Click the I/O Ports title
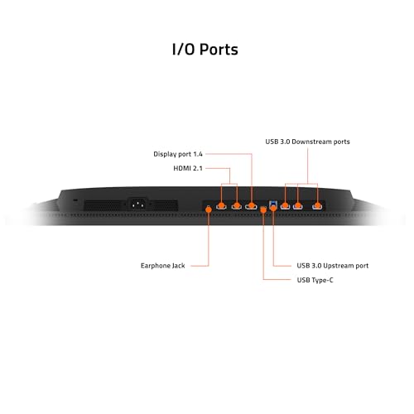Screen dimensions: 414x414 point(205,50)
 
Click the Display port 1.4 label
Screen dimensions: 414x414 point(178,154)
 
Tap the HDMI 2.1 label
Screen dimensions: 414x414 point(188,168)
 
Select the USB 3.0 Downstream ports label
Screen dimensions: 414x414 point(307,142)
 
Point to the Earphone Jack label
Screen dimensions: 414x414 point(163,266)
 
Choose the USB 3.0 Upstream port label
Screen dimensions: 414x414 point(333,266)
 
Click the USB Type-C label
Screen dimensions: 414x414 point(315,280)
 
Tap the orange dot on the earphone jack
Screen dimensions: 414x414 point(209,209)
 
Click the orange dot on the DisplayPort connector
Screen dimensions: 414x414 point(252,205)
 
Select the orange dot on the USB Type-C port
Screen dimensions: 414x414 point(263,210)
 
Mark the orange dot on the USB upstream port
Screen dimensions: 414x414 point(273,208)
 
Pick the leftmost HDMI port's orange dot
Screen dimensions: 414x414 point(221,205)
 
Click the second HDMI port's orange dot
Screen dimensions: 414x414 point(237,205)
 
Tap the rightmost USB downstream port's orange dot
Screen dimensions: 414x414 point(318,205)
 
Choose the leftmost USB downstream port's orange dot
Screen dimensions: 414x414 point(285,205)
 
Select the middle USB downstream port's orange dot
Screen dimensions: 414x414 point(298,205)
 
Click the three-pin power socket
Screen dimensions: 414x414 point(138,205)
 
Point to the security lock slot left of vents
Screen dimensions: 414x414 point(75,200)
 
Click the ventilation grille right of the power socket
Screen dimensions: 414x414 point(165,205)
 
